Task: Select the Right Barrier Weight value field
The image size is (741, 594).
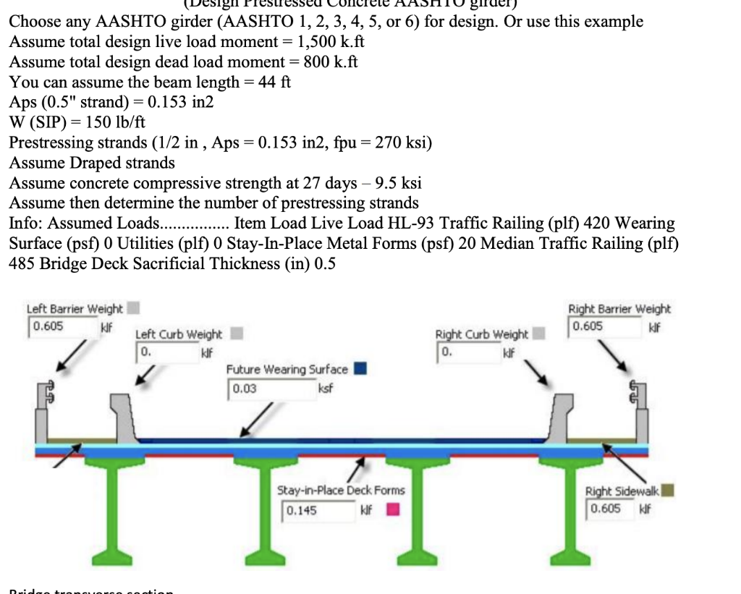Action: coord(601,326)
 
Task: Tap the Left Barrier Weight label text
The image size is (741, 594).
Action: coord(75,308)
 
